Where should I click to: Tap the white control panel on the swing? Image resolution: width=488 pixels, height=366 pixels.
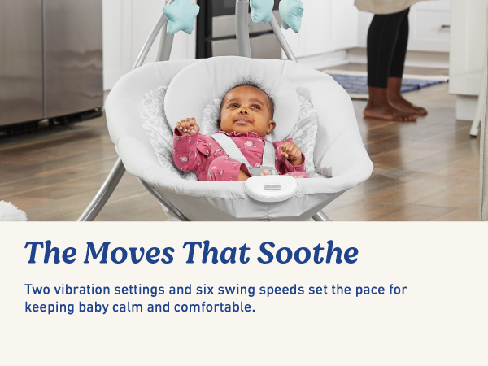coord(271,188)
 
